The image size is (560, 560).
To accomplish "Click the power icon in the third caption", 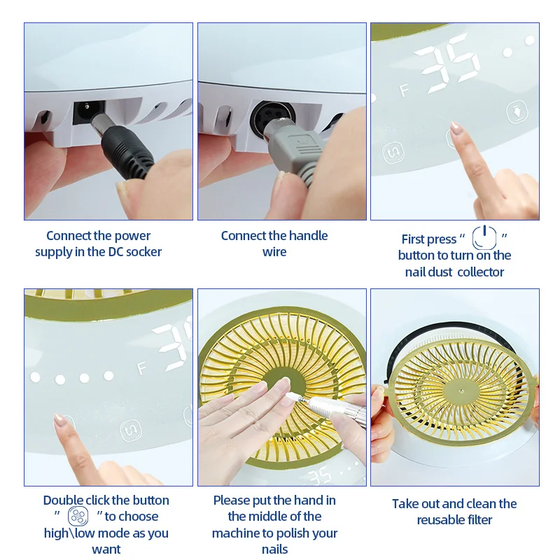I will tap(484, 238).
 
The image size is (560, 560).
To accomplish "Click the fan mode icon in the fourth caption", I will tap(78, 517).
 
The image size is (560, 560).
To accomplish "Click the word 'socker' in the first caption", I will tap(143, 252).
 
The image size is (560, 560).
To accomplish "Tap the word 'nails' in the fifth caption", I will tap(274, 549).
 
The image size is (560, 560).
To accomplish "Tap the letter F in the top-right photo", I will tap(404, 90).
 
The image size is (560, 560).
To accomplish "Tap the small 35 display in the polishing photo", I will tap(320, 477).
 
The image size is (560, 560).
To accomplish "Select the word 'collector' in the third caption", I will tap(480, 272).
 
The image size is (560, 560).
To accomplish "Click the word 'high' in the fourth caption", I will tap(56, 533).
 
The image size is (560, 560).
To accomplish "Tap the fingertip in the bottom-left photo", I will tap(61, 421).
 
